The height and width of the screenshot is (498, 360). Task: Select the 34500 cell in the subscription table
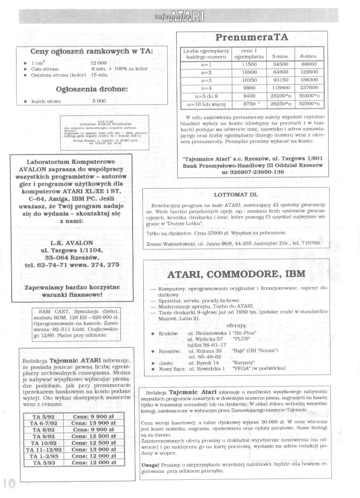(280, 64)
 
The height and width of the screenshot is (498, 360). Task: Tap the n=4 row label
(206, 88)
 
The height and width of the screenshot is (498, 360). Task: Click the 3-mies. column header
(280, 57)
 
